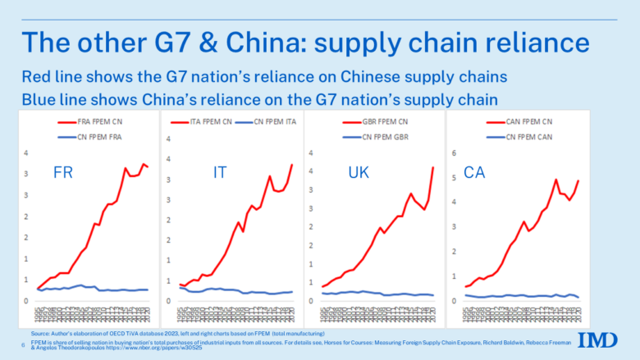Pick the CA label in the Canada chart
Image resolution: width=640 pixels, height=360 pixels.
point(474,173)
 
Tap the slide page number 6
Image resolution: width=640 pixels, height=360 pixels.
point(22,344)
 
